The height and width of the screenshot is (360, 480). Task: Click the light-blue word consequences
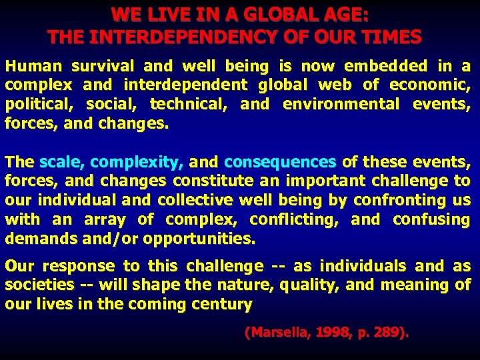point(280,162)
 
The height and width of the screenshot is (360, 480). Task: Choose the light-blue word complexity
point(139,162)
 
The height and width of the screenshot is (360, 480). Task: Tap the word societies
point(39,285)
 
